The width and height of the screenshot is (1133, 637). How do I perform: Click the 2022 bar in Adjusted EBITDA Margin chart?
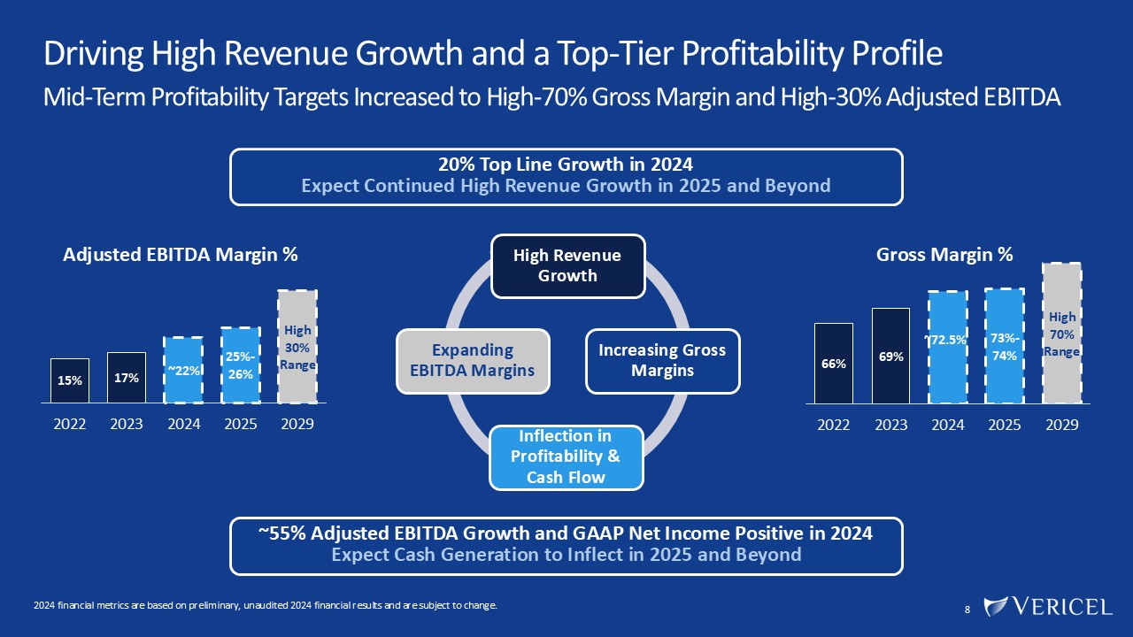tap(70, 380)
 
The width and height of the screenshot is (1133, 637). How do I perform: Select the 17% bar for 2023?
tap(127, 378)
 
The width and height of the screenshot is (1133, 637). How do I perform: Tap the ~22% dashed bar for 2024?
tap(183, 370)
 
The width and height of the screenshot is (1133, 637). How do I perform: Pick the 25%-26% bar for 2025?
tap(241, 365)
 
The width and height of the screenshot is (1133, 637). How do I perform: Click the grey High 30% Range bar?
tap(297, 346)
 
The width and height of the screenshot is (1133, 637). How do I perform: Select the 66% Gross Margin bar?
tap(834, 363)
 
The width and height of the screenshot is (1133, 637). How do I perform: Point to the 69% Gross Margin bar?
tap(890, 356)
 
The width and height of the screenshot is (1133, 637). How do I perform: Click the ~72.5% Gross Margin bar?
tap(947, 347)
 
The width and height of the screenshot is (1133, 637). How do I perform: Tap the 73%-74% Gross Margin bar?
tap(1005, 346)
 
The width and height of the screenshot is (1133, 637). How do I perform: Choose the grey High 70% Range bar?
tap(1062, 333)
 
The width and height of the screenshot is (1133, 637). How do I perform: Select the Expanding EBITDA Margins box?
tap(474, 361)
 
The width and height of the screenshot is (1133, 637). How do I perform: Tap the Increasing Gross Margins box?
tap(662, 361)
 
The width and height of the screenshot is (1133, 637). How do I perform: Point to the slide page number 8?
tap(967, 610)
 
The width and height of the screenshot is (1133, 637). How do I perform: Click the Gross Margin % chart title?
tap(944, 255)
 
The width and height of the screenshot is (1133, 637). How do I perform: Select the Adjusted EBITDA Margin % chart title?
tap(181, 255)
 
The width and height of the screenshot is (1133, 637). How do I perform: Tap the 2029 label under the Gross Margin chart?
tap(1062, 425)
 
